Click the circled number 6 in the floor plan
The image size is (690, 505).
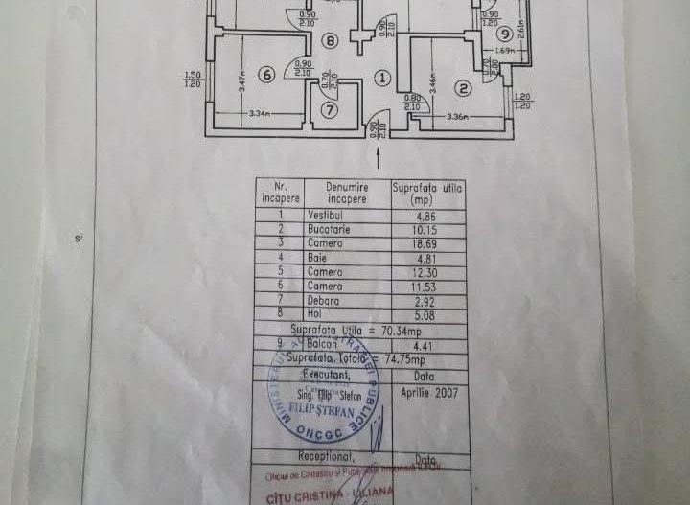266,75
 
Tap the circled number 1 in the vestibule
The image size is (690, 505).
382,78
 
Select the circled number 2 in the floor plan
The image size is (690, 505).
463,89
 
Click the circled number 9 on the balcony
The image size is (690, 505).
504,34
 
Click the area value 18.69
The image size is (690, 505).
425,244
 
